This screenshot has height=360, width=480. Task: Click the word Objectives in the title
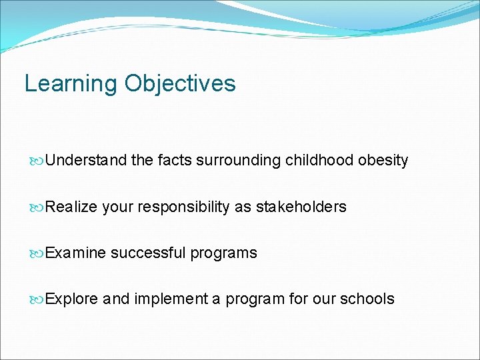point(179,84)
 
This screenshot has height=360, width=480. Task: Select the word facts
point(175,161)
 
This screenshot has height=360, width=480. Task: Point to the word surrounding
point(239,161)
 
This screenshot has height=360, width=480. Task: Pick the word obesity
point(383,161)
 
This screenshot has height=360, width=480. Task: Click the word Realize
point(71,207)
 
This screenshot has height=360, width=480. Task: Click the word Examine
point(75,253)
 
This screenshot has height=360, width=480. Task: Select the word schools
point(367,299)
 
